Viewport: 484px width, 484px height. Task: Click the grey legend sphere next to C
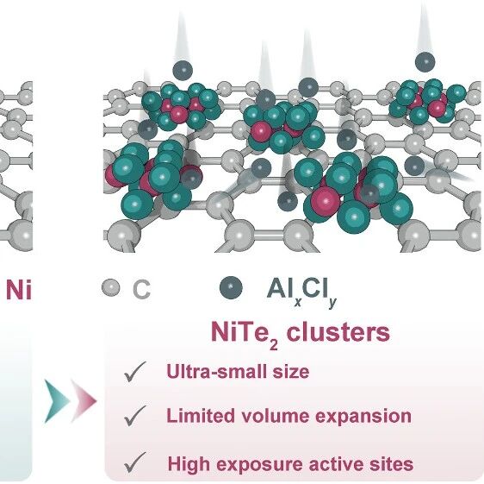tap(111, 287)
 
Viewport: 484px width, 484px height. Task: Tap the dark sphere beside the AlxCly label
tap(231, 287)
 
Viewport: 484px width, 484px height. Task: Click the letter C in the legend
tap(141, 290)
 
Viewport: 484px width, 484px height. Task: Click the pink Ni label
tap(19, 290)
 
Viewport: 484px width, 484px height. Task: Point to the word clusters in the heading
tap(338, 332)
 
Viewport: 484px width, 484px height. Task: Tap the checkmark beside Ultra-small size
tap(134, 372)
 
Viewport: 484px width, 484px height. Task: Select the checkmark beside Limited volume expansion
tap(134, 416)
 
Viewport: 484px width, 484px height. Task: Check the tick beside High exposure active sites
tap(134, 462)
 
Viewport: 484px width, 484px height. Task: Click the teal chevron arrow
tap(56, 401)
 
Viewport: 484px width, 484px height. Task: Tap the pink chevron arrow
tap(84, 401)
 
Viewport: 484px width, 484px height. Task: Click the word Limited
tap(201, 416)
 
